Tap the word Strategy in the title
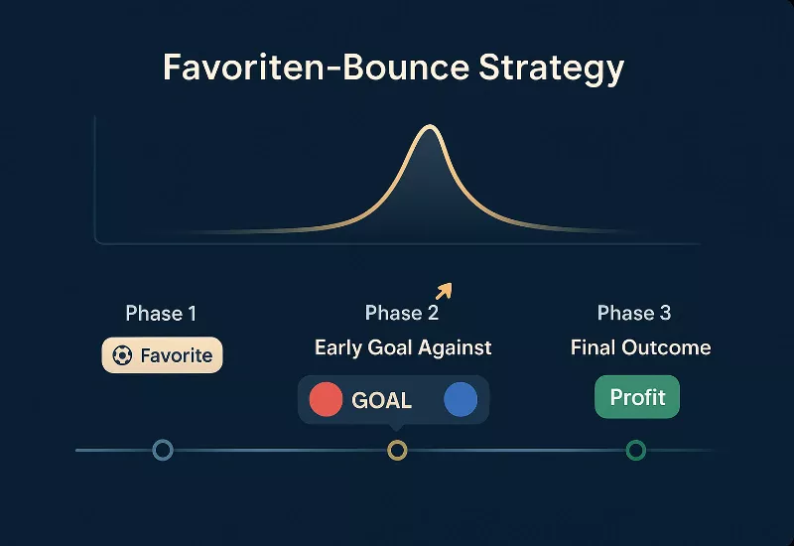(552, 68)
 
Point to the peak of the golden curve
(428, 127)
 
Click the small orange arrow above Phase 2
(444, 290)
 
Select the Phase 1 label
(161, 314)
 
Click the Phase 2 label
(401, 314)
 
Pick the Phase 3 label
(634, 314)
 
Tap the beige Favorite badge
(163, 354)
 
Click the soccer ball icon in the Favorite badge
(122, 354)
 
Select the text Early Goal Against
(403, 347)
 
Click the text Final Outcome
(640, 347)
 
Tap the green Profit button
(637, 397)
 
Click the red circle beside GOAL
(327, 400)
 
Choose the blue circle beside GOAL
(461, 400)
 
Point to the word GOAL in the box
(381, 401)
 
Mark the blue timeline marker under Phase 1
(163, 451)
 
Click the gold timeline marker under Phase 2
(397, 451)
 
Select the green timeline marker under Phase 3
(636, 451)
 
